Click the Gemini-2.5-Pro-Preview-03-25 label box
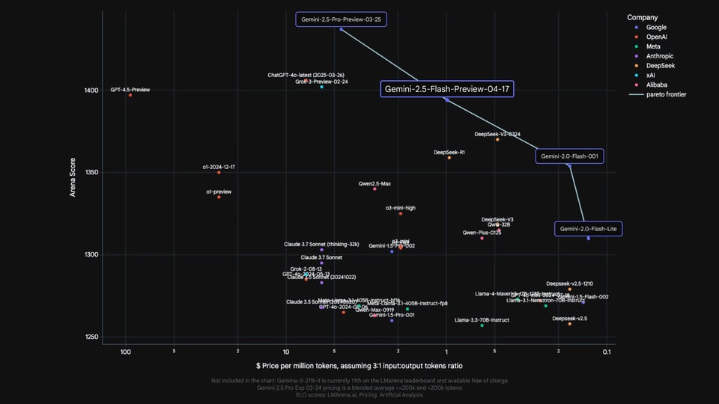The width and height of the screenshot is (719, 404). coord(342,19)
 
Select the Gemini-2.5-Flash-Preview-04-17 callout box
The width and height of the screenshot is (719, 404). coord(446,89)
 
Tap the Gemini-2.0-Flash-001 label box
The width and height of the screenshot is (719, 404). coord(570,156)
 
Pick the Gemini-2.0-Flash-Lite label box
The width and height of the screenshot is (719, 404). coord(589,228)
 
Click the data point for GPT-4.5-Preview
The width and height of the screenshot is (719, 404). coord(130,95)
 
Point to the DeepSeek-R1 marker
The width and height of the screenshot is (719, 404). coord(449,158)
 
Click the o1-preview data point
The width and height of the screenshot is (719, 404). coord(219,197)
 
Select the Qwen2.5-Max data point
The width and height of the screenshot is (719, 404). coord(374,189)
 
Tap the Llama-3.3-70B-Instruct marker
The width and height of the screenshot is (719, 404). coord(482,325)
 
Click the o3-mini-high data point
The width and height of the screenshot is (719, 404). coord(401,213)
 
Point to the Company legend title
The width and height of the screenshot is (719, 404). coord(643,17)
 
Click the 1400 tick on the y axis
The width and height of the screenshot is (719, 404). coord(90,91)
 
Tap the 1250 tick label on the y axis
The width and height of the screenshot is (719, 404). coord(90,337)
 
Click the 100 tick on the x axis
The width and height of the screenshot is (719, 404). coord(126,352)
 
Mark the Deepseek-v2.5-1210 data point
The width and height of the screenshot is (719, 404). coord(569,290)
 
